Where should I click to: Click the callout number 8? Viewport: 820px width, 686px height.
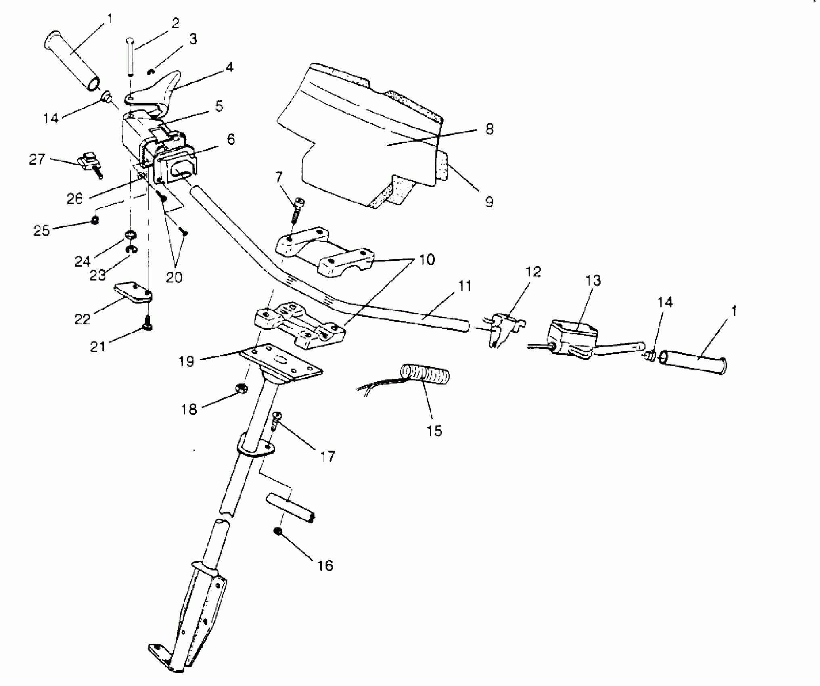(489, 130)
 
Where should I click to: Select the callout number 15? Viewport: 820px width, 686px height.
(434, 430)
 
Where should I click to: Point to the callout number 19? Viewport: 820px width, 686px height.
(186, 361)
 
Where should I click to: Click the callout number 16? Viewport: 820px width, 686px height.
(325, 565)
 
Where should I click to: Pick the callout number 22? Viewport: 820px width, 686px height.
(82, 319)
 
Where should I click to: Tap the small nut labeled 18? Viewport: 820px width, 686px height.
(241, 388)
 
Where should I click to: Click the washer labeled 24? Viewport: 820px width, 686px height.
(130, 234)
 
